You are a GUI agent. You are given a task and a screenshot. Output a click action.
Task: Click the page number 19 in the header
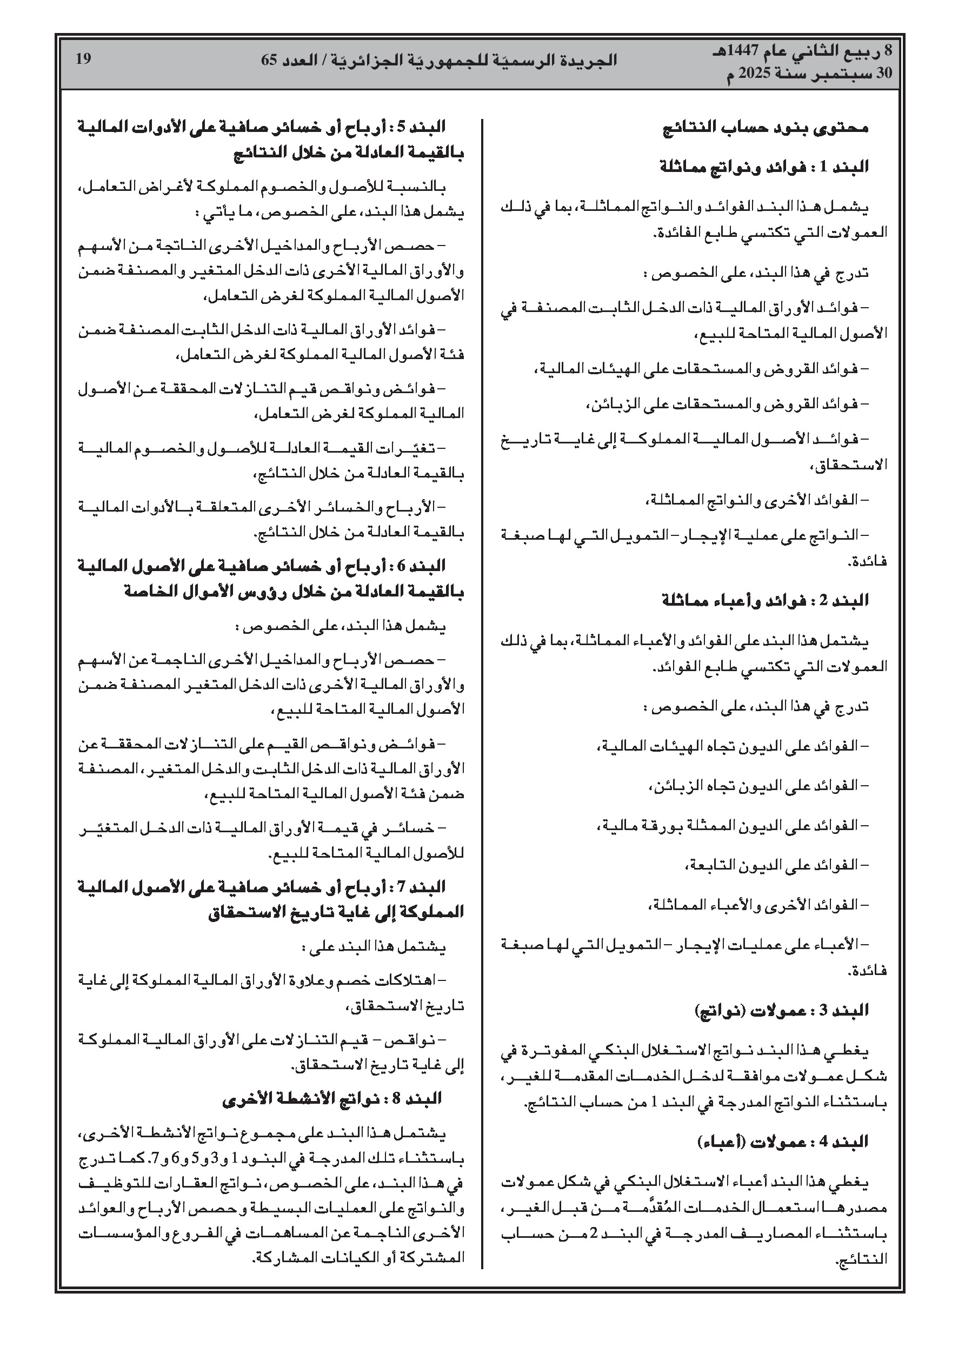(x=83, y=59)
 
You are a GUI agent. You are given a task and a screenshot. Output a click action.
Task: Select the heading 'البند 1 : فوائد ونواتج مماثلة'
(x=764, y=167)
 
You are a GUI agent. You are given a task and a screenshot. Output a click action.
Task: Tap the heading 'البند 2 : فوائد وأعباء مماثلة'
(x=765, y=600)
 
